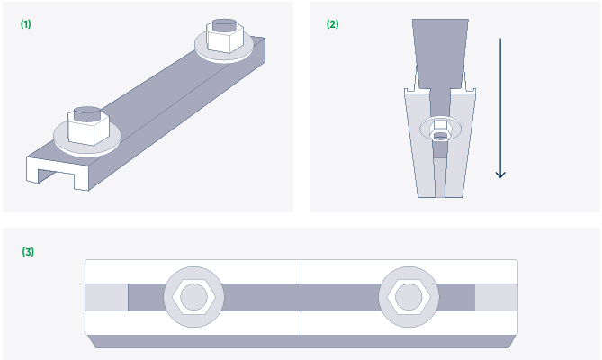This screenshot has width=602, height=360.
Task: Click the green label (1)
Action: [x=26, y=24]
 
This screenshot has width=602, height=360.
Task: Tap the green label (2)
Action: [x=332, y=24]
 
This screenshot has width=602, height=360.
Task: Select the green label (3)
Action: [x=28, y=252]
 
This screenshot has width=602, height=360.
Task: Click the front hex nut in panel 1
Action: [x=89, y=128]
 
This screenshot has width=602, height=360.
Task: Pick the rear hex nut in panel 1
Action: [x=225, y=37]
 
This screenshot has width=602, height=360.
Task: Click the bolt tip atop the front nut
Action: [x=87, y=113]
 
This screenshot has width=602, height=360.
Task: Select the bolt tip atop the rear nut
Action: [x=224, y=24]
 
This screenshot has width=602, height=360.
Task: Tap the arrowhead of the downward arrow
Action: [x=500, y=175]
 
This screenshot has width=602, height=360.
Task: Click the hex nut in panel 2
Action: [x=440, y=130]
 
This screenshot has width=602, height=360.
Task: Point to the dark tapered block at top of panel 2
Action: [x=440, y=54]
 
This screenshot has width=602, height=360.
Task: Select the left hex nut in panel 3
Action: [x=193, y=297]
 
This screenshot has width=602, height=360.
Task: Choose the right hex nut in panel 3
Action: [x=409, y=297]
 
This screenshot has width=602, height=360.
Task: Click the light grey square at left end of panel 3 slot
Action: [x=106, y=297]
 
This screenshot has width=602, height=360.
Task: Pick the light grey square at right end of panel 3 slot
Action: [x=497, y=297]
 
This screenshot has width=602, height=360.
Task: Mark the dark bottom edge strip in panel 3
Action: [x=301, y=342]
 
